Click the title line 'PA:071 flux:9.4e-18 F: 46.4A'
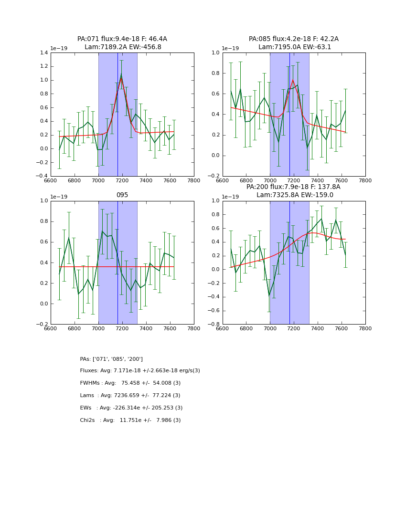pyautogui.click(x=122, y=39)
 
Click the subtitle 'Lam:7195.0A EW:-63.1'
pyautogui.click(x=294, y=47)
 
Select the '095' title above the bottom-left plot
pyautogui.click(x=122, y=195)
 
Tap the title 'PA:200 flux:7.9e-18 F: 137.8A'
pyautogui.click(x=294, y=187)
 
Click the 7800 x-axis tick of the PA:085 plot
pyautogui.click(x=365, y=180)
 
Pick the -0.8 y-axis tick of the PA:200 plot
pyautogui.click(x=215, y=325)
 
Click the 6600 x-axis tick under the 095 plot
pyautogui.click(x=51, y=328)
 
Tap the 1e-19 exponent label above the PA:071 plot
pyautogui.click(x=59, y=48)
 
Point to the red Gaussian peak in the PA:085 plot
pyautogui.click(x=293, y=80)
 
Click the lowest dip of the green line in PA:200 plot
pyautogui.click(x=269, y=296)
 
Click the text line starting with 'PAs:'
pyautogui.click(x=111, y=359)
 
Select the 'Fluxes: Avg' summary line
pyautogui.click(x=140, y=371)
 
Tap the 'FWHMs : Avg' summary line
pyautogui.click(x=130, y=383)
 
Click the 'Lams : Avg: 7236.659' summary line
pyautogui.click(x=130, y=396)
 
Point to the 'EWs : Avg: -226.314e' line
pyautogui.click(x=131, y=408)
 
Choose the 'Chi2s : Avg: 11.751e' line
pyautogui.click(x=130, y=420)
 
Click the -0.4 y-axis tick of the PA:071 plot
pyautogui.click(x=42, y=176)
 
